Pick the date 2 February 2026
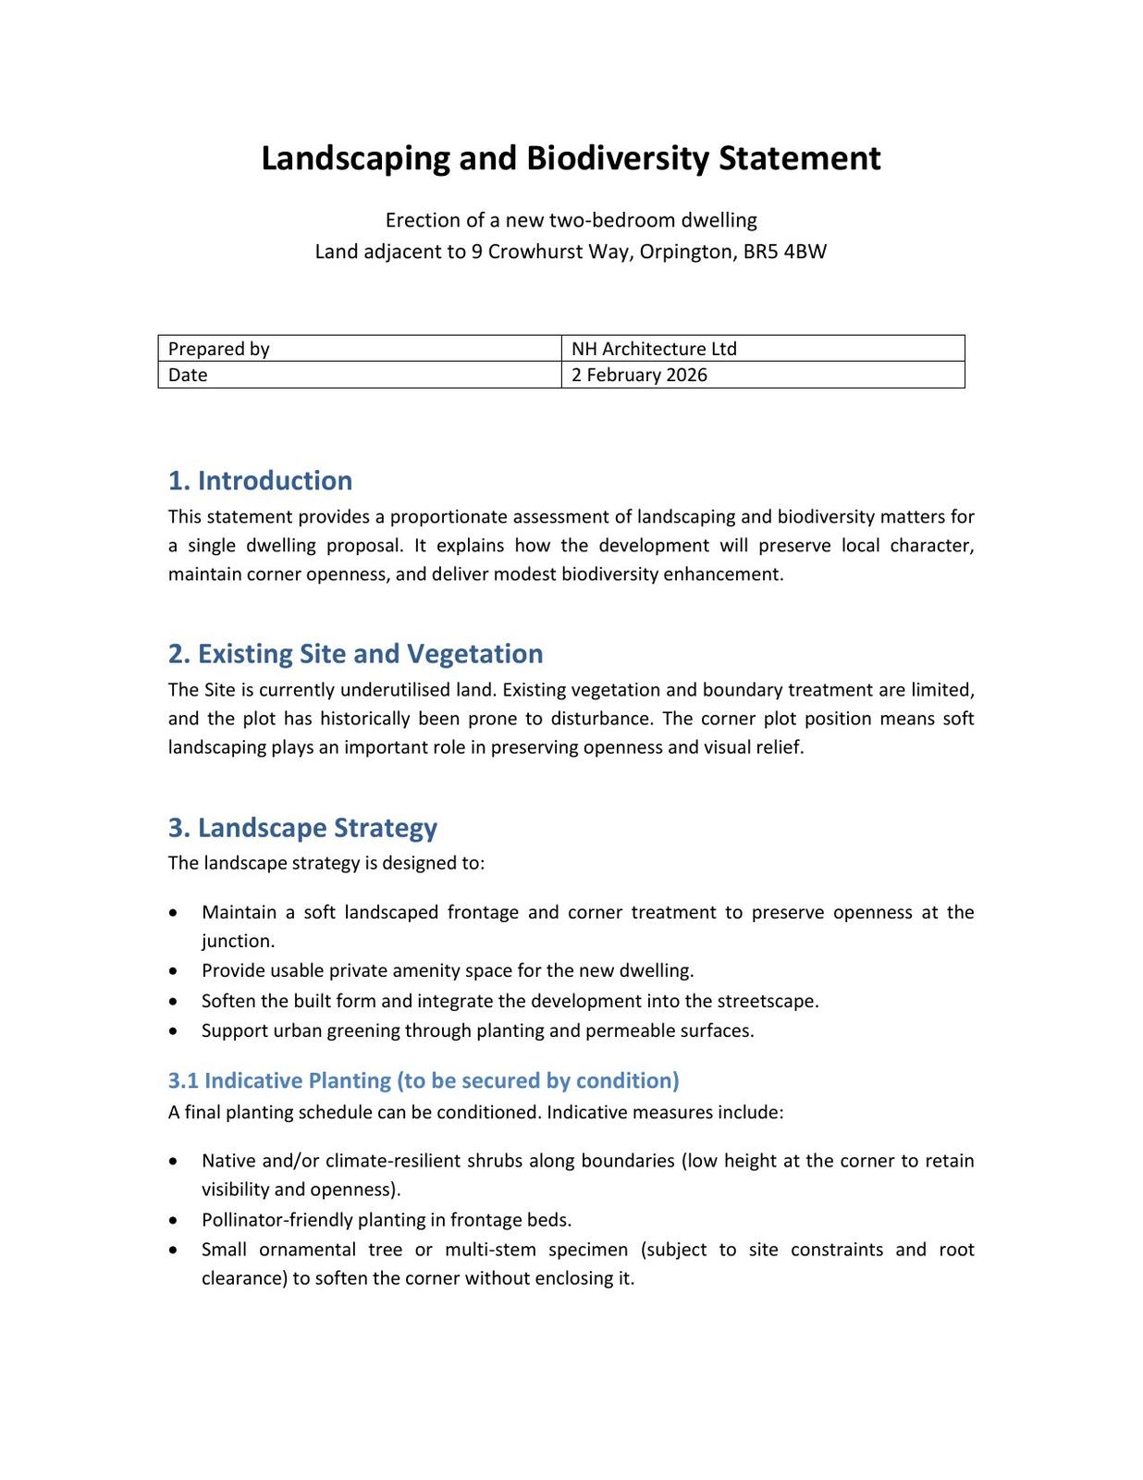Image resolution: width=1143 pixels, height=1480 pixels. pyautogui.click(x=639, y=375)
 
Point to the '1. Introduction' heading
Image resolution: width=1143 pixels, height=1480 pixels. pyautogui.click(x=260, y=480)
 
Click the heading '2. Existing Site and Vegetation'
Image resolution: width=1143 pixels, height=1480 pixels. pyautogui.click(x=355, y=653)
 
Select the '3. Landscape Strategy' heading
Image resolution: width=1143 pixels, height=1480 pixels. pyautogui.click(x=302, y=827)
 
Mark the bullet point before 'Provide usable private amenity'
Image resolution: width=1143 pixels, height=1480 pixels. pyautogui.click(x=173, y=971)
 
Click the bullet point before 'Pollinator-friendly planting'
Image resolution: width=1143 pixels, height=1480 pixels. pyautogui.click(x=173, y=1220)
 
